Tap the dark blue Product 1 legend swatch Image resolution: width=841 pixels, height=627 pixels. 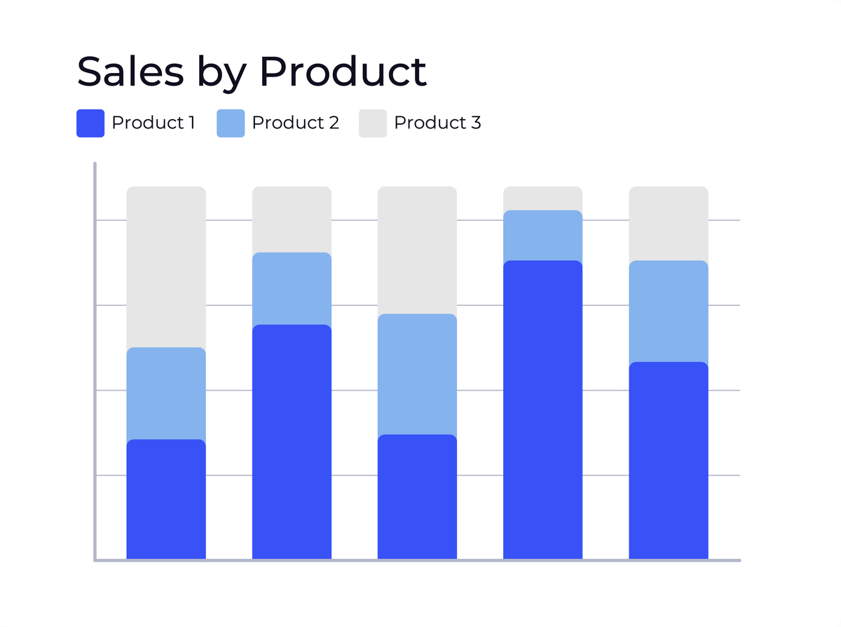coord(90,123)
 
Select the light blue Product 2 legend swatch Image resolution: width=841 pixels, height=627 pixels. coord(231,123)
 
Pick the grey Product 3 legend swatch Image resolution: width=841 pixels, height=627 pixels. coord(373,123)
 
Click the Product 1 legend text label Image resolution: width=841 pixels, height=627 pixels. coord(153,123)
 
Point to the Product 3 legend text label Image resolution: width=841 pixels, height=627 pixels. coord(437,123)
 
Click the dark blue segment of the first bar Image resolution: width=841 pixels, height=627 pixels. coord(166,499)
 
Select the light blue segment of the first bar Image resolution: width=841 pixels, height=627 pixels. coord(166,393)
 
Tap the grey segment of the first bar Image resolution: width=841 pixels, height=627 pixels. coord(166,267)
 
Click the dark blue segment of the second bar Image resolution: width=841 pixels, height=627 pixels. coord(292,442)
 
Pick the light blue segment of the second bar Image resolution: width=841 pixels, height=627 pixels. coord(292,288)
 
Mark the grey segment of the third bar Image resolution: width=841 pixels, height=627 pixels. coord(417,250)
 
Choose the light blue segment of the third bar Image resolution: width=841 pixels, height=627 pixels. coord(417,374)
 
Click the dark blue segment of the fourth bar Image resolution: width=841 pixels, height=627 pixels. coord(542,410)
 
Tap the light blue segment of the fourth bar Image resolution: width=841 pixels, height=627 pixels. coord(542,236)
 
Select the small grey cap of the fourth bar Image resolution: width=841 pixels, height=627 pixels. coord(542,198)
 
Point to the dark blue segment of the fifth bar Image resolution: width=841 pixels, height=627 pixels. coord(668,460)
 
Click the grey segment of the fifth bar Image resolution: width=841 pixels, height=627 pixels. coord(668,223)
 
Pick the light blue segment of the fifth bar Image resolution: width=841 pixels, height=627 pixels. coord(668,311)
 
